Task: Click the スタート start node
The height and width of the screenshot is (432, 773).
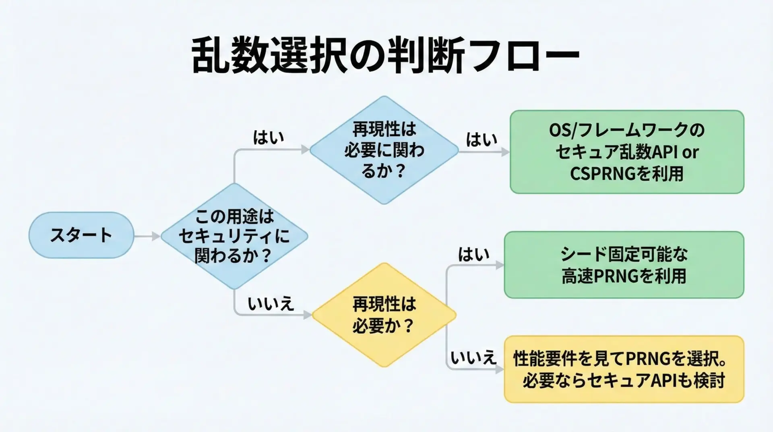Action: (81, 235)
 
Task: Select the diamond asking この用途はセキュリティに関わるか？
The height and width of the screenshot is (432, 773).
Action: (234, 236)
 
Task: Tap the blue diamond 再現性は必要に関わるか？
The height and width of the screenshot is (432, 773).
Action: (384, 150)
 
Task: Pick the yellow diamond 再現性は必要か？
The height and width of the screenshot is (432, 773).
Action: (384, 315)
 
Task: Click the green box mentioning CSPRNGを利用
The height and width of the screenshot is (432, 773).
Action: (627, 152)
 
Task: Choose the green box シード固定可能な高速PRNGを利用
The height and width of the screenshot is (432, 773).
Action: (624, 265)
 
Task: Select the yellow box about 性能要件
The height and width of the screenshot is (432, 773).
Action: (624, 369)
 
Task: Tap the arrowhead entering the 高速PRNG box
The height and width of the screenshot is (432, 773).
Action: (500, 265)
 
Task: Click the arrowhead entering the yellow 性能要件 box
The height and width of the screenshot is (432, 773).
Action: (500, 369)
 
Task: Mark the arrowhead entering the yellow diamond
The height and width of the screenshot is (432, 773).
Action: (308, 315)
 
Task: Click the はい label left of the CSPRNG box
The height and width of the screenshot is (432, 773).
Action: (482, 140)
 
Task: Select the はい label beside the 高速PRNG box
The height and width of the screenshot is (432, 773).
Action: (474, 254)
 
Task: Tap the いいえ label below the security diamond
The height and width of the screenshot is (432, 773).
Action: (271, 303)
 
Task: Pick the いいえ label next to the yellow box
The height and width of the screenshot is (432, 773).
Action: (473, 357)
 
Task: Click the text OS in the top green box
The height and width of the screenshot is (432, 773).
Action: (560, 130)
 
